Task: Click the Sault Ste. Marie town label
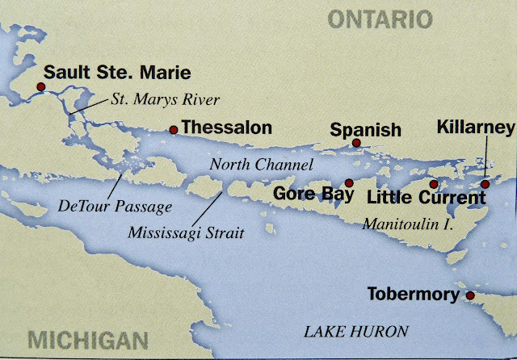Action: pyautogui.click(x=117, y=72)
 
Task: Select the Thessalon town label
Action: pyautogui.click(x=225, y=128)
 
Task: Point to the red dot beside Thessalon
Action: pyautogui.click(x=173, y=129)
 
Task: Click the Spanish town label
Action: pyautogui.click(x=366, y=129)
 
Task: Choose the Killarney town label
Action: pyautogui.click(x=475, y=128)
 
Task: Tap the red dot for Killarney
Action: pyautogui.click(x=485, y=184)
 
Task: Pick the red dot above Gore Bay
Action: pyautogui.click(x=349, y=182)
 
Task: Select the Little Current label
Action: pyautogui.click(x=417, y=196)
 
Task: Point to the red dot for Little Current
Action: pyautogui.click(x=434, y=184)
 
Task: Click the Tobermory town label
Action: pyautogui.click(x=413, y=295)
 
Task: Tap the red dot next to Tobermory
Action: pyautogui.click(x=470, y=296)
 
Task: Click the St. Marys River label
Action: pyautogui.click(x=153, y=101)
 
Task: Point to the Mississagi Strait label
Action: pyautogui.click(x=187, y=232)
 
